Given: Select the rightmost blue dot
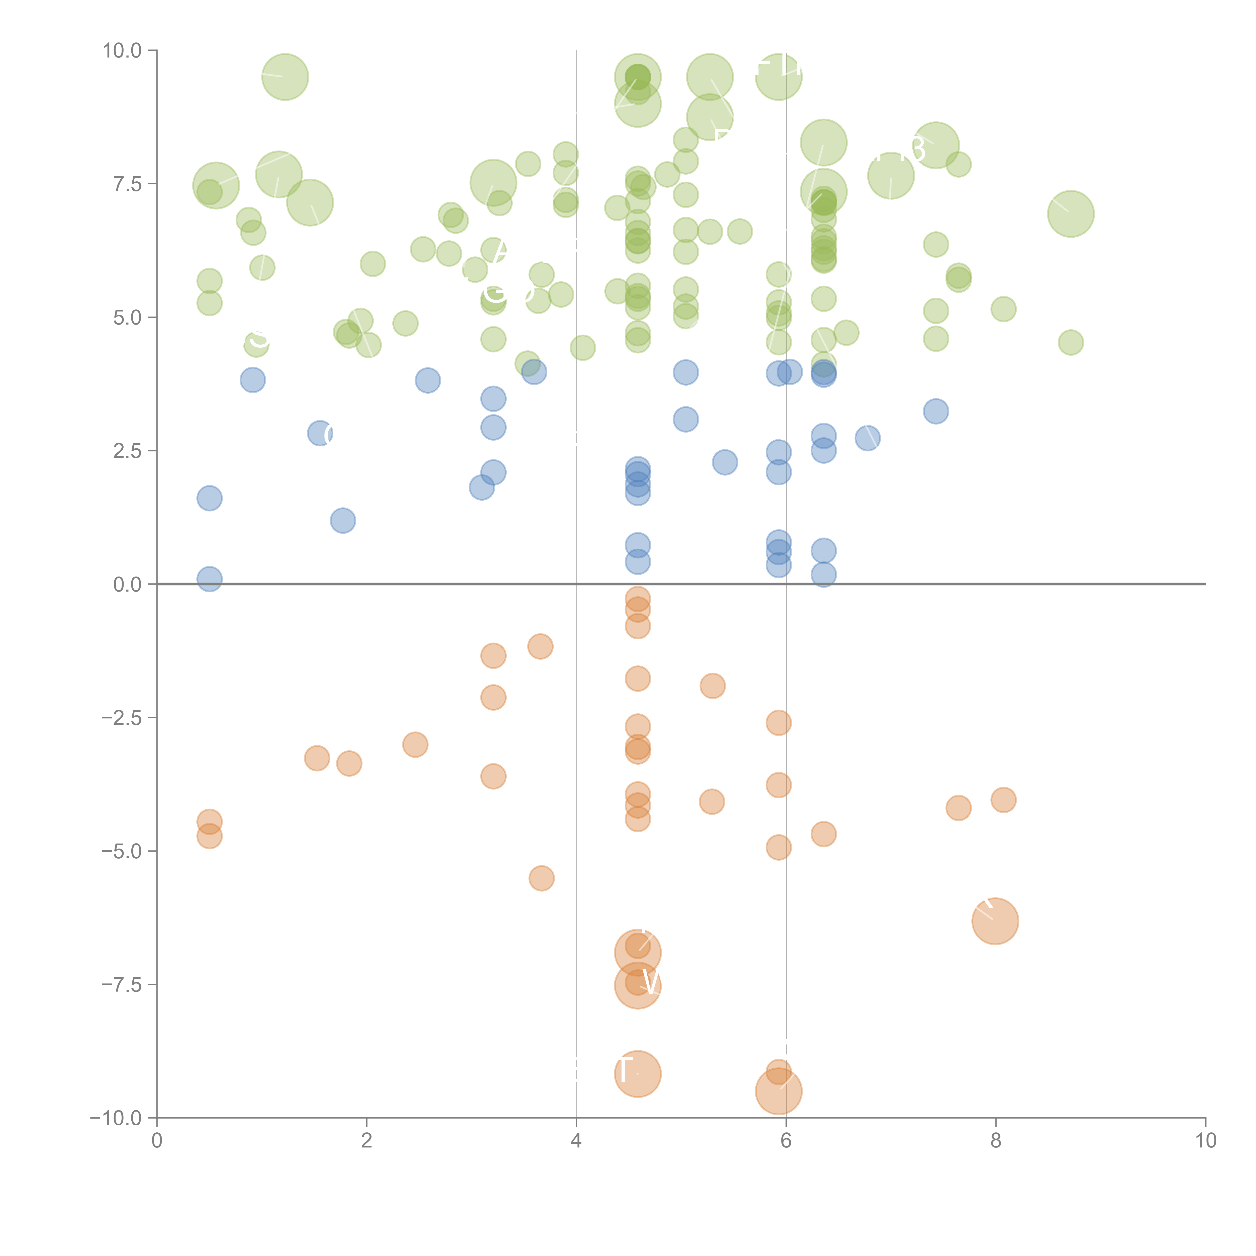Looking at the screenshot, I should click(935, 411).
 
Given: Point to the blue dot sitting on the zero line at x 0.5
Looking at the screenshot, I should click(209, 579).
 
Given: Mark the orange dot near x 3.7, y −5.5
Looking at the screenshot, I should click(542, 878).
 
